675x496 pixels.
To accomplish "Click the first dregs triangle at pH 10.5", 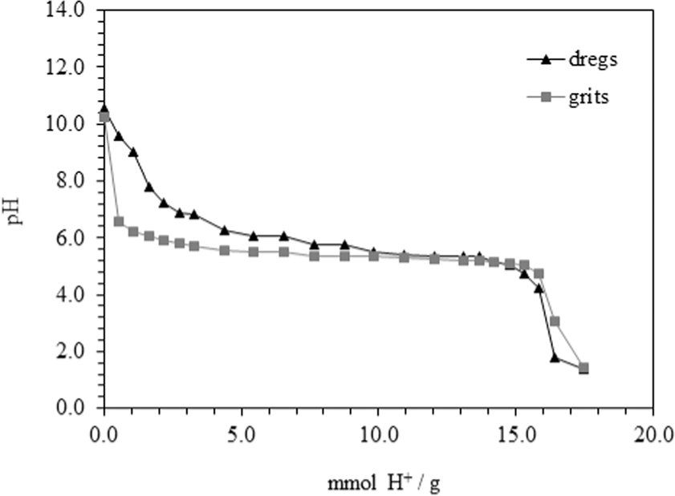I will click(104, 107).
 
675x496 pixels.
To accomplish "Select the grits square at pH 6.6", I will click(119, 221).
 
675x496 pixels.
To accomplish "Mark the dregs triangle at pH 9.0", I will click(133, 151).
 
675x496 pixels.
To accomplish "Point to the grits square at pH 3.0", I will click(555, 321).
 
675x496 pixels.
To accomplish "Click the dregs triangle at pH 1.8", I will click(555, 357).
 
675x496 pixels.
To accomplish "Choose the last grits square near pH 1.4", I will click(584, 368).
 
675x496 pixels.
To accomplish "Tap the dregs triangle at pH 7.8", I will click(148, 187).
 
